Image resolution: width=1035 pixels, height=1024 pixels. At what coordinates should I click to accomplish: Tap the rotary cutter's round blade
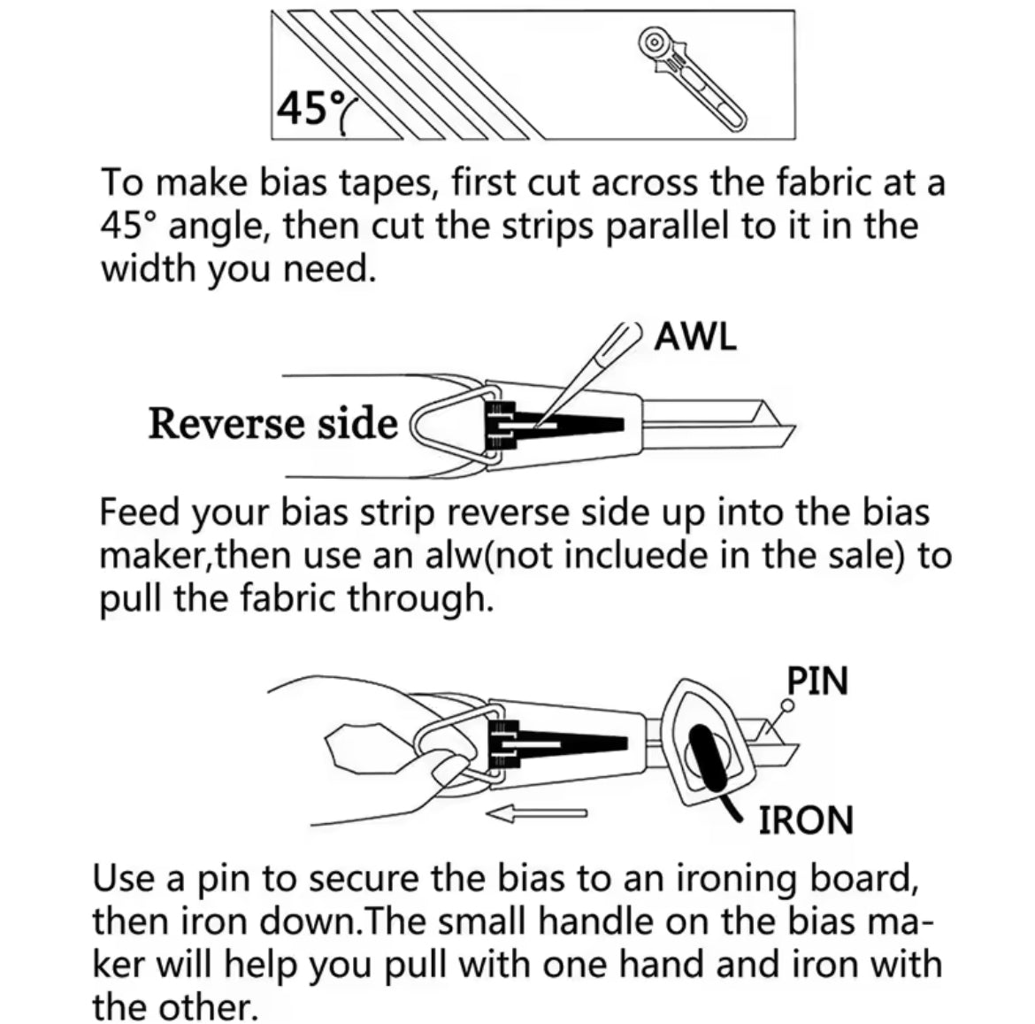click(x=654, y=42)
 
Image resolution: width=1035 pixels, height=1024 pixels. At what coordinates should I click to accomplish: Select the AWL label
click(x=695, y=336)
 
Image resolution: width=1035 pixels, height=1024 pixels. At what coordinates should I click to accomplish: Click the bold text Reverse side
click(x=273, y=423)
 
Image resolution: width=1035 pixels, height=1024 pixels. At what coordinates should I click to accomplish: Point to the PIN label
click(x=817, y=681)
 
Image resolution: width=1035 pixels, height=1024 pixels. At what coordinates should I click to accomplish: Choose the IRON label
click(x=806, y=820)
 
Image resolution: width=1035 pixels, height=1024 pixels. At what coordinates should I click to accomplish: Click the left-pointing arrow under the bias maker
click(x=536, y=815)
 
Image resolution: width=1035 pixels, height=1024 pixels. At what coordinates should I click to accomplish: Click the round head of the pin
click(x=787, y=705)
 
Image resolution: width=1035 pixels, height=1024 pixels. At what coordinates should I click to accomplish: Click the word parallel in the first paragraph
click(x=668, y=227)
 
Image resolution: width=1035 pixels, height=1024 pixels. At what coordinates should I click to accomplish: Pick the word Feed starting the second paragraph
click(x=139, y=512)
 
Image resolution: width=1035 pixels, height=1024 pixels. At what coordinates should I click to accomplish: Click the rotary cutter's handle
click(x=706, y=95)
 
